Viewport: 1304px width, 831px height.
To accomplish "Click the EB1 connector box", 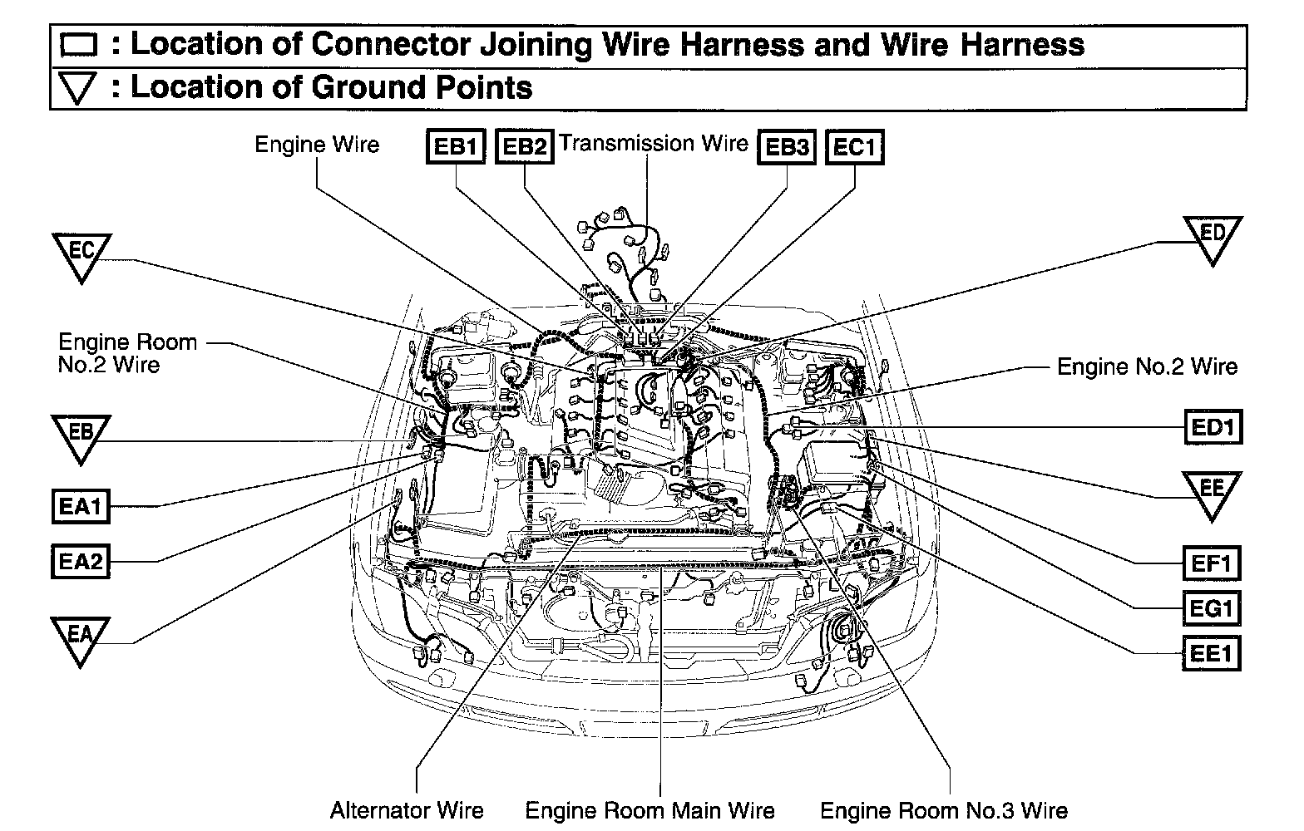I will coord(455,147).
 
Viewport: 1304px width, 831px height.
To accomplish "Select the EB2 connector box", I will coord(524,147).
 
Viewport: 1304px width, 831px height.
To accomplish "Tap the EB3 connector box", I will coord(787,147).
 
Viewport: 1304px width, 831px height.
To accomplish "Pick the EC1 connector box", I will coord(854,147).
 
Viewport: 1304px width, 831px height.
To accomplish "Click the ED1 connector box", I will coord(1213,427).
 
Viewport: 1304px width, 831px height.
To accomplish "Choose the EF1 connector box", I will coord(1212,564).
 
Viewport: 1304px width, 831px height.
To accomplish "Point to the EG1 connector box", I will coord(1212,609).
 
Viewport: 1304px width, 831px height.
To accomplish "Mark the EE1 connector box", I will coord(1212,652).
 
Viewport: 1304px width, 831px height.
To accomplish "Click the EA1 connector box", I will coord(81,506).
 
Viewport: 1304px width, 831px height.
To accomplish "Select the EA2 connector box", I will coord(81,563).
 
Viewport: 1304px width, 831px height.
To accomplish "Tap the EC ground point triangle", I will coord(81,254).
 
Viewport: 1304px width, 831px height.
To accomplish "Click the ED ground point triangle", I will coord(1213,238).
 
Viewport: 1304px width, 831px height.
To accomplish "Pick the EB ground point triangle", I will coord(81,435).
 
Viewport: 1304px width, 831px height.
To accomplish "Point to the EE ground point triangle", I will coord(1212,493).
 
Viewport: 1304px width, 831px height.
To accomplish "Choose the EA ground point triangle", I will coord(80,638).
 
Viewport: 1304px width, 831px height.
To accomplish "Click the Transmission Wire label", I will coord(654,144).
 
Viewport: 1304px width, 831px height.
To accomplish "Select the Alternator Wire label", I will coord(407,810).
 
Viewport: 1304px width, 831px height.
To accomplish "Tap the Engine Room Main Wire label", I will coord(650,810).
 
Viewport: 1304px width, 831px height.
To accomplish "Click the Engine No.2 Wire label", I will coord(1147,366).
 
